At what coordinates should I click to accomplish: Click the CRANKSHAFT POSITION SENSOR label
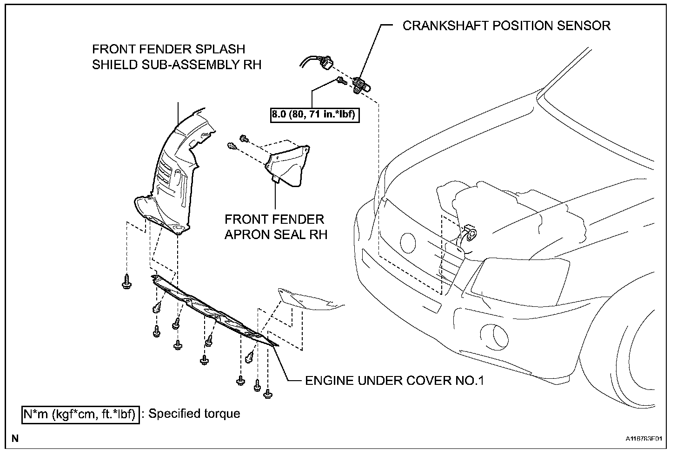pyautogui.click(x=506, y=26)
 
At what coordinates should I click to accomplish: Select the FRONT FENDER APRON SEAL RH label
pyautogui.click(x=276, y=227)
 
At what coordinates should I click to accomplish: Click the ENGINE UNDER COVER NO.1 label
pyautogui.click(x=394, y=381)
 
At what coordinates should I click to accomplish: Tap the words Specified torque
pyautogui.click(x=194, y=414)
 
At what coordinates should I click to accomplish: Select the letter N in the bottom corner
pyautogui.click(x=15, y=438)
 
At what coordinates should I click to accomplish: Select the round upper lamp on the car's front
pyautogui.click(x=408, y=242)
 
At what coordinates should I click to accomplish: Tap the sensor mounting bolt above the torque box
pyautogui.click(x=341, y=82)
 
